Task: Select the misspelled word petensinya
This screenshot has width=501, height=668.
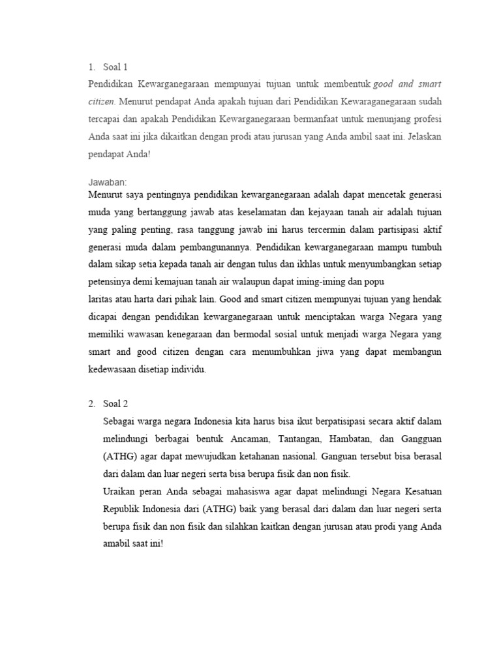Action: pos(112,284)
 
